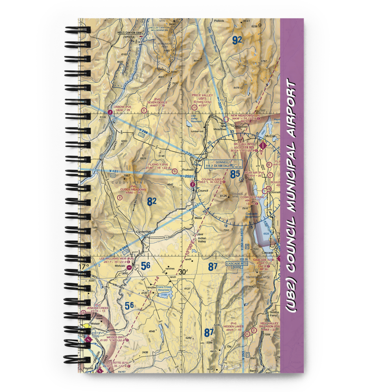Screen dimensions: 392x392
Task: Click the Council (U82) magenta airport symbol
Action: click(192, 184)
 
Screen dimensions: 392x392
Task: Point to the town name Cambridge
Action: click(143, 232)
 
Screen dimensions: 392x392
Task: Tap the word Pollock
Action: click(219, 21)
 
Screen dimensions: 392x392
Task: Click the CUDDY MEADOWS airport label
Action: click(133, 189)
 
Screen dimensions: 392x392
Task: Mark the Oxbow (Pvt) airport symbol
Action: click(110, 112)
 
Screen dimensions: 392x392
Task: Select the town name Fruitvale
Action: click(189, 170)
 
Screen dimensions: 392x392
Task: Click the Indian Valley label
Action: click(201, 240)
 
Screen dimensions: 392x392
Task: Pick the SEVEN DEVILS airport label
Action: click(157, 102)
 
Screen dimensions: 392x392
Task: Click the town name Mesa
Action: click(198, 218)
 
